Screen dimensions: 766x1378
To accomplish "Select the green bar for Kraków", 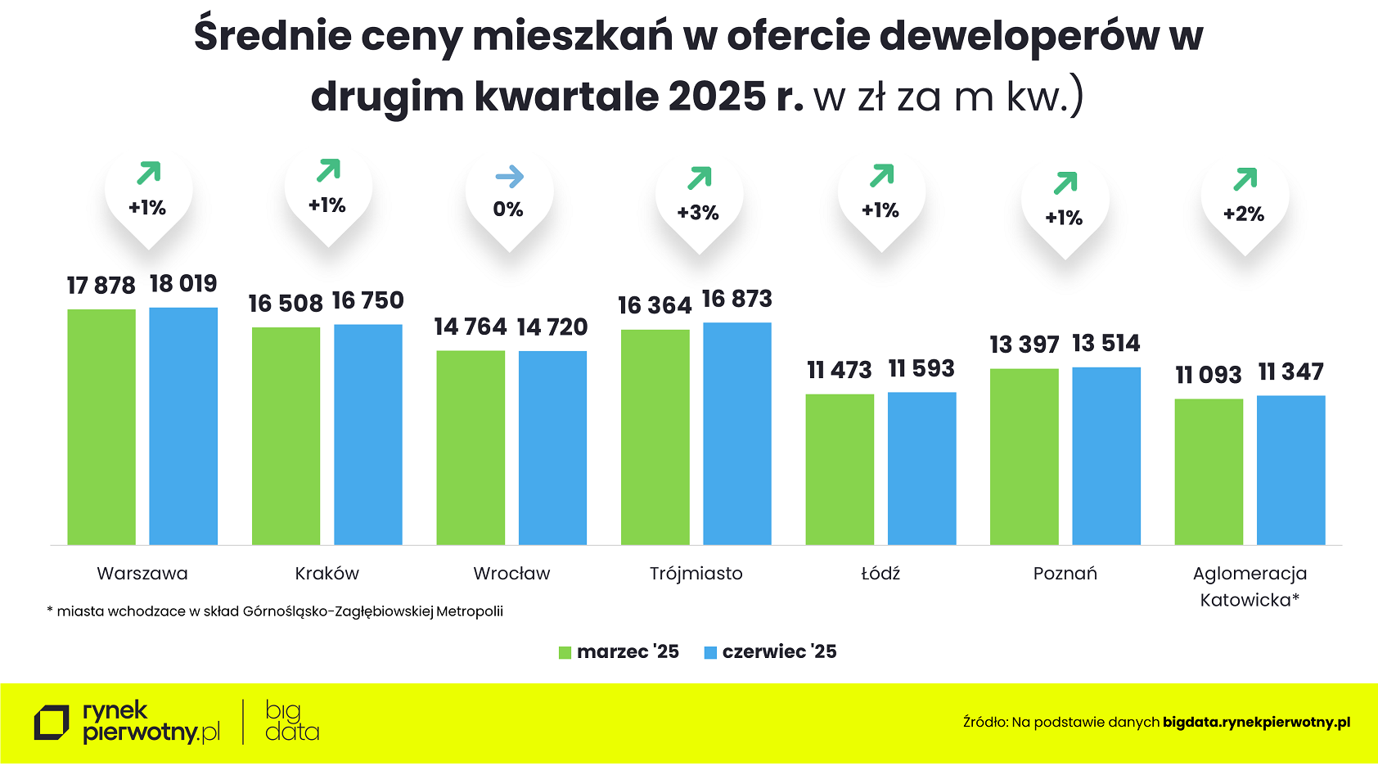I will tap(286, 435).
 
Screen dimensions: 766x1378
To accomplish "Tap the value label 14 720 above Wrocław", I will tap(552, 327).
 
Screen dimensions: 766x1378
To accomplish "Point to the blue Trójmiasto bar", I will tap(736, 433).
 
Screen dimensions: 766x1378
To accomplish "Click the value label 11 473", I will tap(839, 370).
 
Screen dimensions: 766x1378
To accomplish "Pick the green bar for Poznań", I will tap(1024, 456).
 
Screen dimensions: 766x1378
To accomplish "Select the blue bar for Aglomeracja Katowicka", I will tap(1290, 470).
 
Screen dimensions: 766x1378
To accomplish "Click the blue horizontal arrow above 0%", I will tap(509, 177).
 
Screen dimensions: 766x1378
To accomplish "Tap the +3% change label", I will tap(698, 213).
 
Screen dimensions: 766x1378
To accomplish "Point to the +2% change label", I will tap(1244, 214).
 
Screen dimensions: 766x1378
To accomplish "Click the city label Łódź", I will tap(880, 574).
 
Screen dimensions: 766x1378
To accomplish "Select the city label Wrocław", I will tap(511, 574).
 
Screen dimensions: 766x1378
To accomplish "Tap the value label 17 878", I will tap(101, 286).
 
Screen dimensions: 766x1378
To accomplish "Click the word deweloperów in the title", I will tap(1020, 36).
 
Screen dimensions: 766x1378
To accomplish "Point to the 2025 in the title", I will tap(717, 97).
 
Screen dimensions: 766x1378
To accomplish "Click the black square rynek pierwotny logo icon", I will tap(52, 723).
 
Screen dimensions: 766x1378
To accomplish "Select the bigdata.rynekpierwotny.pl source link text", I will tap(1256, 722).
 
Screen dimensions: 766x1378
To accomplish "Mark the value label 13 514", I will tap(1106, 344).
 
